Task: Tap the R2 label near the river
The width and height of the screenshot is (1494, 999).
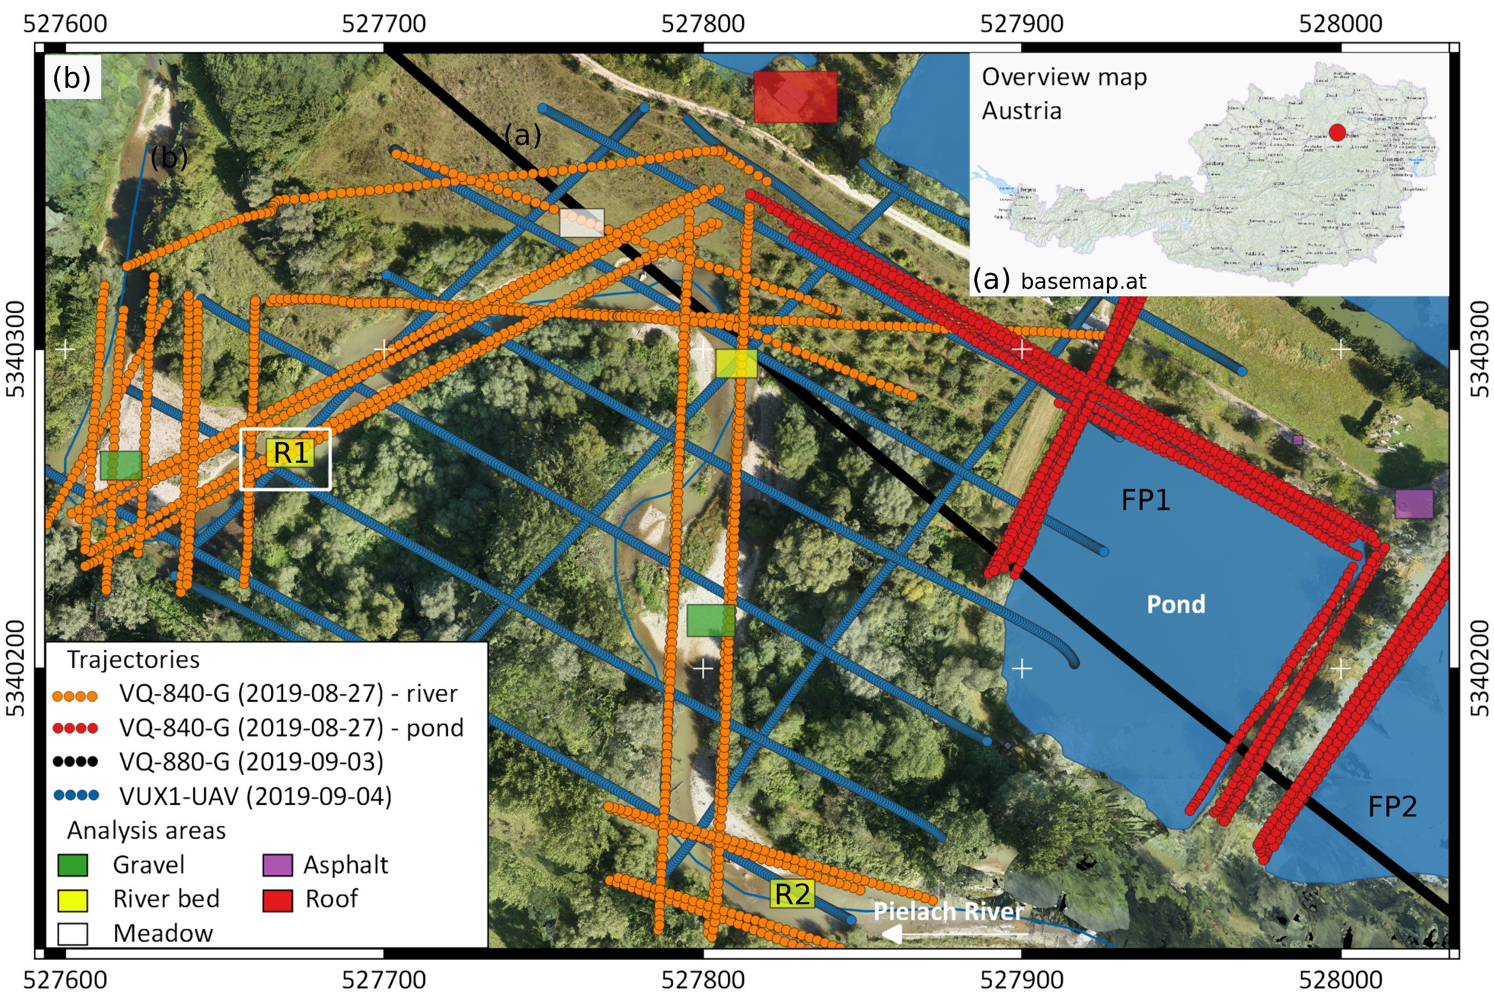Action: point(792,894)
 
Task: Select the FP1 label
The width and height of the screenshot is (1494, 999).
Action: point(1145,500)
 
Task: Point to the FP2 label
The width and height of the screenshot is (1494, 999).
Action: point(1392,807)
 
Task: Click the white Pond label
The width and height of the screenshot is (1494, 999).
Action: point(1176,604)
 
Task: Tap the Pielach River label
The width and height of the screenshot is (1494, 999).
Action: point(948,911)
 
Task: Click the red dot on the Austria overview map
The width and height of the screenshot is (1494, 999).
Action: point(1337,133)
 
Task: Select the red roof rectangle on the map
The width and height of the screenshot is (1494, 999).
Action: point(795,97)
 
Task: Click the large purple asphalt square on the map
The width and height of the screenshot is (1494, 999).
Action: point(1414,504)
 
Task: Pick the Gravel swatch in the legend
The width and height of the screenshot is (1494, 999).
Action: point(72,865)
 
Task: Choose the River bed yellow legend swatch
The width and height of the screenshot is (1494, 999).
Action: point(72,899)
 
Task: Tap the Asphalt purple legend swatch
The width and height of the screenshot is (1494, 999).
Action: point(277,865)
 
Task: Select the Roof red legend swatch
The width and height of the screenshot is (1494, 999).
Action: point(277,899)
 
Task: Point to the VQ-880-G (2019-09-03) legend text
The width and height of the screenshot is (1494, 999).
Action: point(251,762)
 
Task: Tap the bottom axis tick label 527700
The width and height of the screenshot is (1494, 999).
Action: point(383,980)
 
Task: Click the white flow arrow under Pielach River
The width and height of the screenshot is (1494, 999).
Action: point(955,935)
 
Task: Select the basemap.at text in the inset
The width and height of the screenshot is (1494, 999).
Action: point(1082,281)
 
